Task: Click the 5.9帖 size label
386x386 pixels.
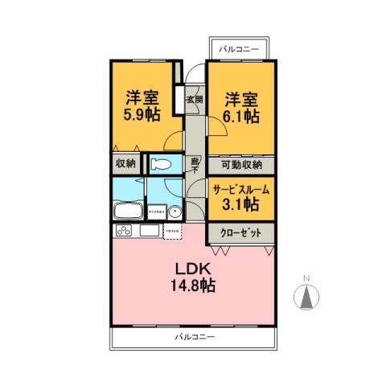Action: click(x=142, y=113)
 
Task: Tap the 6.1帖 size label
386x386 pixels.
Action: click(x=241, y=116)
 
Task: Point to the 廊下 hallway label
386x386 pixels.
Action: click(x=195, y=164)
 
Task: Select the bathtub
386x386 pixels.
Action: click(x=128, y=212)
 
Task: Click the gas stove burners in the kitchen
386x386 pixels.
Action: click(x=126, y=232)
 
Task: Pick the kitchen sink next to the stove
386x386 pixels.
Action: click(x=149, y=232)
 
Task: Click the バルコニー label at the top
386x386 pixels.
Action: click(x=240, y=50)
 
